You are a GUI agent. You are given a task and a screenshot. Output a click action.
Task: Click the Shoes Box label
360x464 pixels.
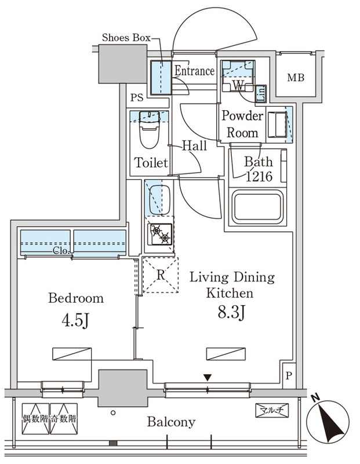point(126,38)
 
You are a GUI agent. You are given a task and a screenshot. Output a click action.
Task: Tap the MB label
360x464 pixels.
point(296,78)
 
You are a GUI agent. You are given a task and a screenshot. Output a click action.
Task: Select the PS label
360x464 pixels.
point(137,97)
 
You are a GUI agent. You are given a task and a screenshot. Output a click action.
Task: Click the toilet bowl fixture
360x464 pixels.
point(150,129)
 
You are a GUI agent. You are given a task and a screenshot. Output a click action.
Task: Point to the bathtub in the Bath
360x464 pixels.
point(257,207)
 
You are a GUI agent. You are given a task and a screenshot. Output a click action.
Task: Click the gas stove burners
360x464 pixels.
point(161,234)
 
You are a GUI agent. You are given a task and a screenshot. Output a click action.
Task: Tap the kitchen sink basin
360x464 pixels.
point(159,200)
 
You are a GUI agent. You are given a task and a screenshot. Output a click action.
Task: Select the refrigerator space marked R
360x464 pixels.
point(161,275)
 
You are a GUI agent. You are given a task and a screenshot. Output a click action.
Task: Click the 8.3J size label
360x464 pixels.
point(232,312)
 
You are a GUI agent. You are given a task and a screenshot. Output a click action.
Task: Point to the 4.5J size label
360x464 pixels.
point(75,320)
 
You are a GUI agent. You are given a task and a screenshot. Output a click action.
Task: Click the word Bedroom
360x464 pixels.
point(76,298)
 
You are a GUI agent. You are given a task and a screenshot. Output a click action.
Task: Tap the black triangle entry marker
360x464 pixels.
point(208,378)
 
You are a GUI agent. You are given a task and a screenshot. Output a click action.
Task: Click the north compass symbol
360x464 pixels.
point(328,422)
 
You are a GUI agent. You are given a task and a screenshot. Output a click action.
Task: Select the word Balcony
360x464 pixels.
point(172,422)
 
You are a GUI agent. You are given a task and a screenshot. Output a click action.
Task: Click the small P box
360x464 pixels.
point(289,376)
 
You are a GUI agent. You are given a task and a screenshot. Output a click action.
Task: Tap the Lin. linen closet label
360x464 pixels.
point(261,94)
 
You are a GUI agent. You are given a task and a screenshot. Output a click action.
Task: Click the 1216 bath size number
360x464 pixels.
point(259,176)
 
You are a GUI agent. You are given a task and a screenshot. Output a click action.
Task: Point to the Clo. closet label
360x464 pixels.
point(61,251)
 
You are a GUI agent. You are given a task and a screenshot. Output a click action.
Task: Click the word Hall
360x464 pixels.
point(194,146)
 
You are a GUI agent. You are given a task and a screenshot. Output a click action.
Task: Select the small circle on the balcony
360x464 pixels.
point(113,412)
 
